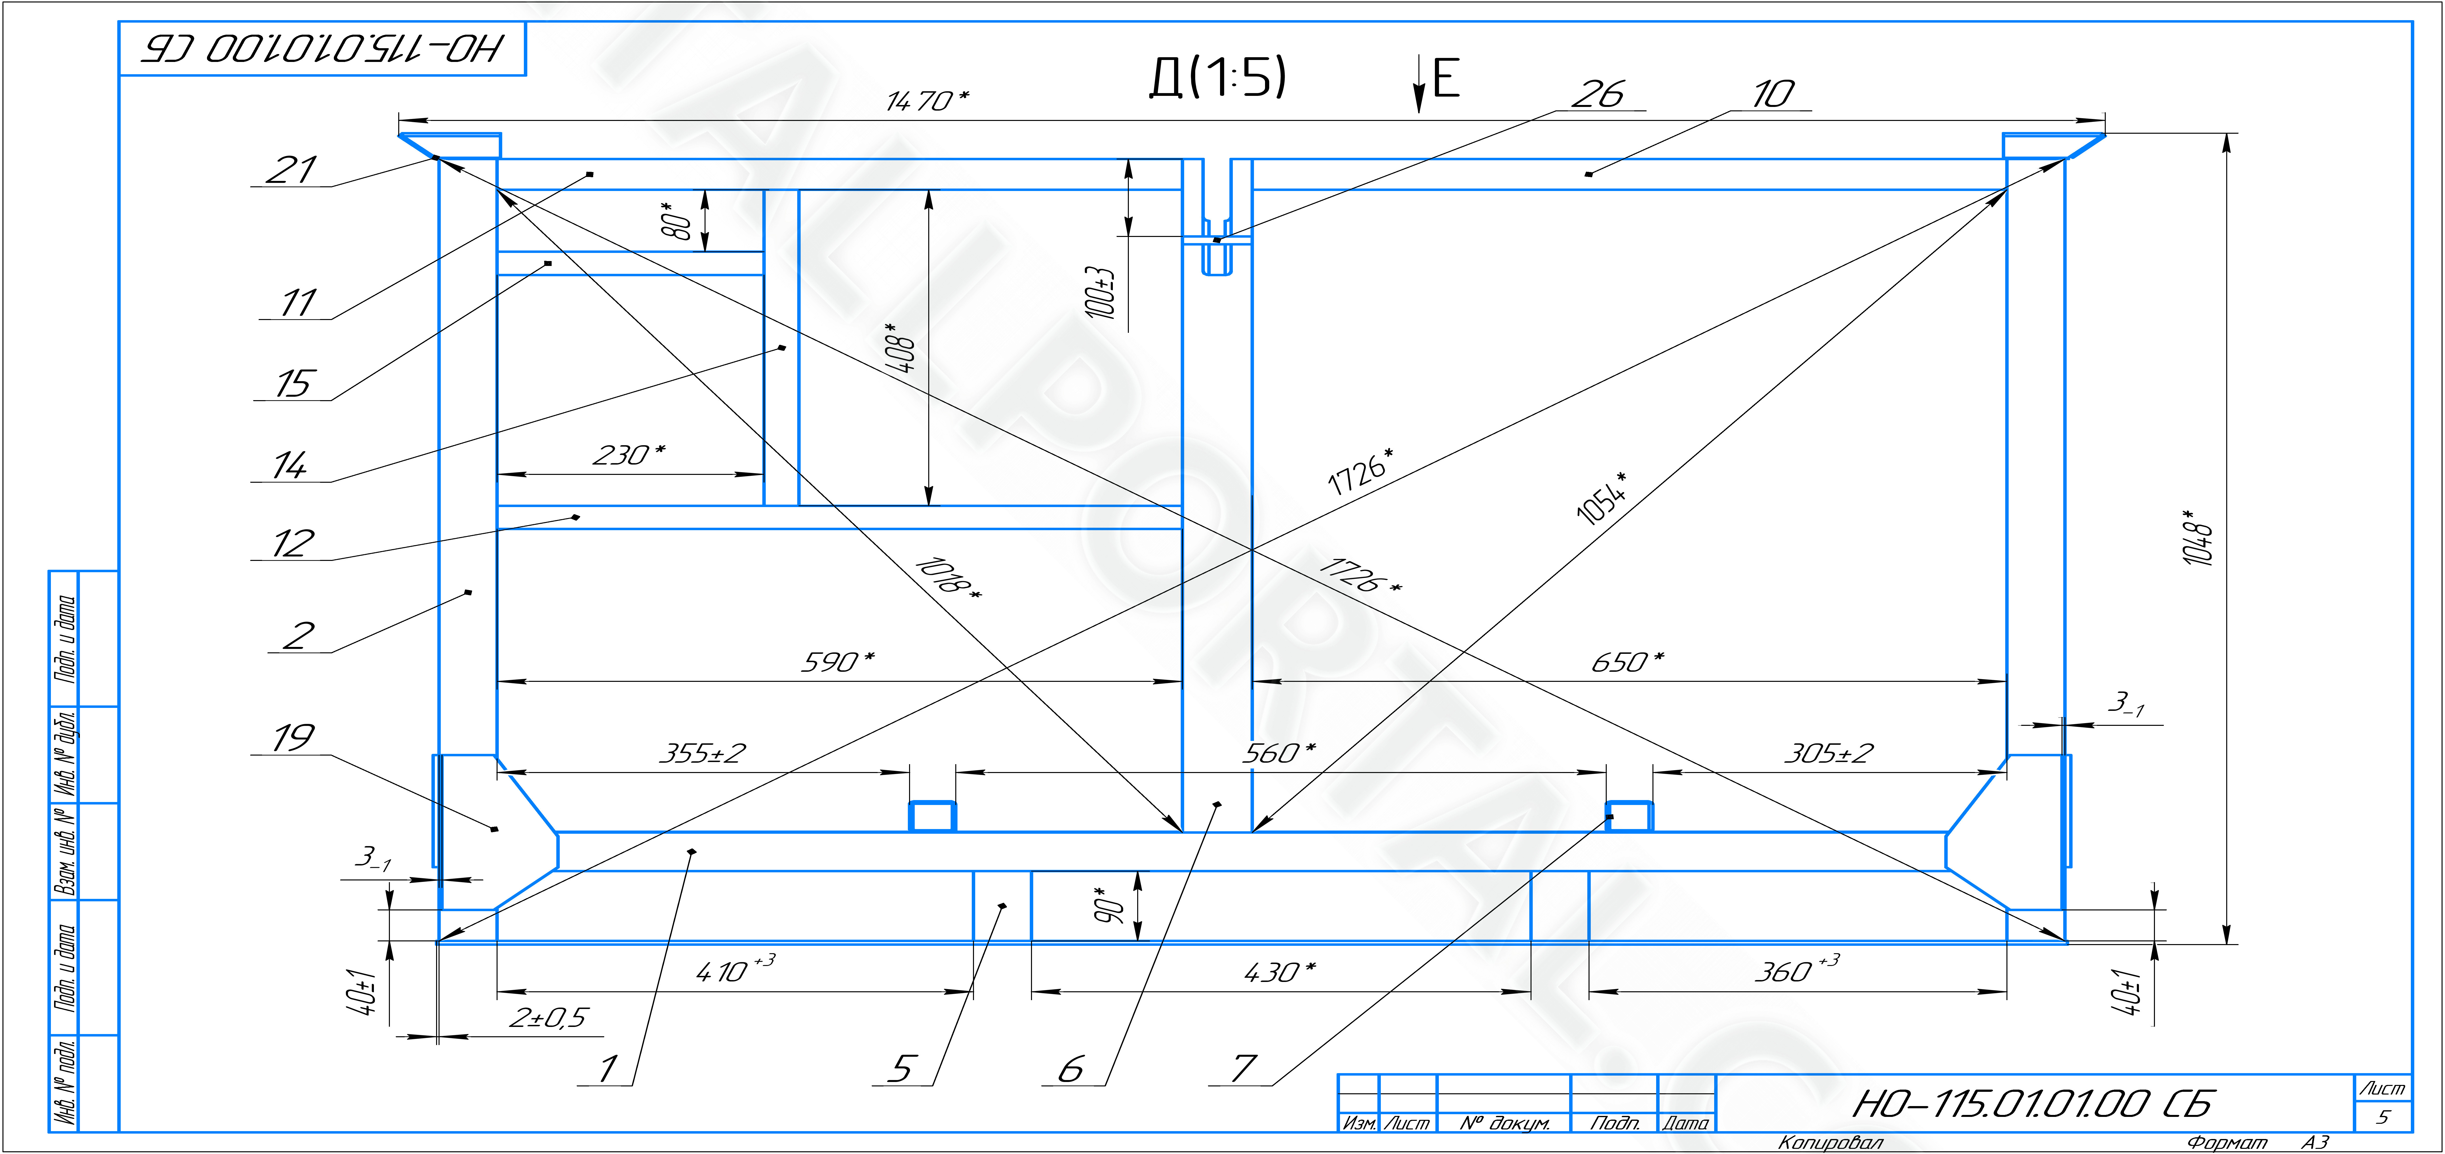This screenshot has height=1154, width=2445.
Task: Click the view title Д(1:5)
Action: click(1218, 77)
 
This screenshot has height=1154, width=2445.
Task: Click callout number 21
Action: click(290, 170)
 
